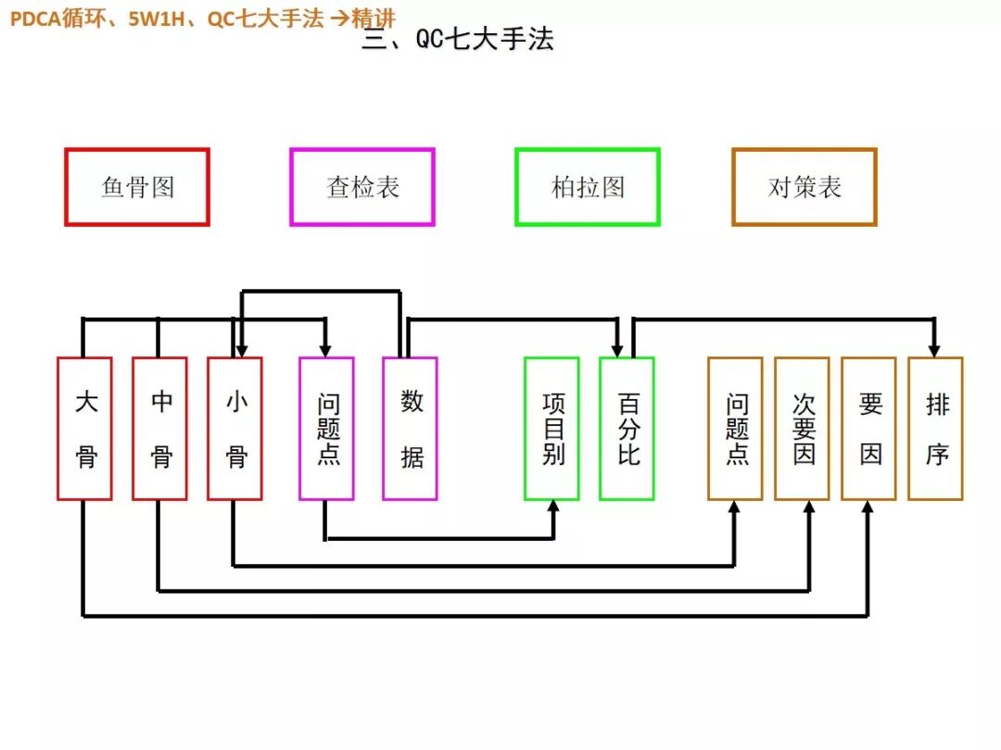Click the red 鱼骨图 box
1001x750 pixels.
tap(137, 187)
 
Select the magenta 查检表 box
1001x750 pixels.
tap(362, 187)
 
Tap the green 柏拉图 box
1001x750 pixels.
tap(588, 187)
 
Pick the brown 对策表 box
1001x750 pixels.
tap(804, 187)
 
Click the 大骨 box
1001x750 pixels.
tap(84, 429)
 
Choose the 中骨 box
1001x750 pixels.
tap(160, 429)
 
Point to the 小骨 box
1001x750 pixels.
tap(235, 429)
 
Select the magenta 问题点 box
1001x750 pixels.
tap(326, 429)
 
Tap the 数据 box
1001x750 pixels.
tap(411, 429)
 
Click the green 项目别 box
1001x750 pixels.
tap(551, 429)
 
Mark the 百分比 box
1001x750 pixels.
tap(627, 429)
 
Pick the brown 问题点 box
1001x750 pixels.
tap(736, 429)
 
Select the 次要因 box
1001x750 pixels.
tap(803, 429)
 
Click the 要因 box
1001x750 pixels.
tap(869, 429)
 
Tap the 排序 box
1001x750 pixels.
tap(936, 429)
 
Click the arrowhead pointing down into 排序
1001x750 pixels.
tap(934, 349)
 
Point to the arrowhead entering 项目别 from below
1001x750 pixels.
tap(554, 507)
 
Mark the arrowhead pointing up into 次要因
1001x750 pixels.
tap(809, 507)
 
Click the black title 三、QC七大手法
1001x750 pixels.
tap(458, 41)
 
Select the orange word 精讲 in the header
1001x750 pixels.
tap(374, 18)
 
